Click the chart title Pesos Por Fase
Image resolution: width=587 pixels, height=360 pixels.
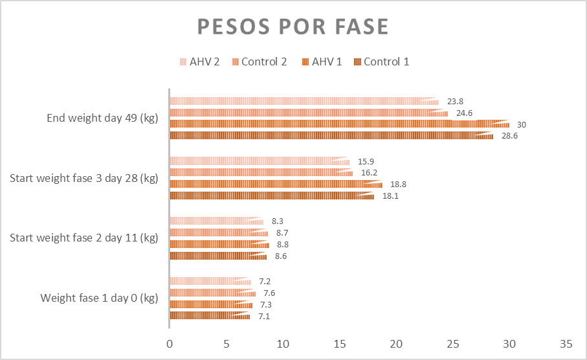[x=293, y=27]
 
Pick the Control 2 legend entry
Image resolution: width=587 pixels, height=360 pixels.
[x=259, y=62]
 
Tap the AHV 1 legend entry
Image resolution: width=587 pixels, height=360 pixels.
[x=322, y=62]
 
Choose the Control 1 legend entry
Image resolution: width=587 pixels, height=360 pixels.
[x=382, y=62]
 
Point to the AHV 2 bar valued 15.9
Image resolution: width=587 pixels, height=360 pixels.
[x=259, y=161]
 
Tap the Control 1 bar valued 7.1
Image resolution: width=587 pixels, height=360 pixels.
[x=208, y=315]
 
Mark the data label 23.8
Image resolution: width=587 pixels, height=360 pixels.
[x=456, y=102]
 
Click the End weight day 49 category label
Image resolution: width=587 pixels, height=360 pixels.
[x=102, y=118]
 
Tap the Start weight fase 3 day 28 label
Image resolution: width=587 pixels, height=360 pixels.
[x=84, y=178]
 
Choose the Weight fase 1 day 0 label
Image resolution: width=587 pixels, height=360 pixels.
[x=99, y=298]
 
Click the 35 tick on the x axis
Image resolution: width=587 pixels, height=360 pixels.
[x=566, y=343]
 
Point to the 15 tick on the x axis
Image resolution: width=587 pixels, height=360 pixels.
[x=340, y=343]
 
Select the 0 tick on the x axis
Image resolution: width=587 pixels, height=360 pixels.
[x=170, y=343]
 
